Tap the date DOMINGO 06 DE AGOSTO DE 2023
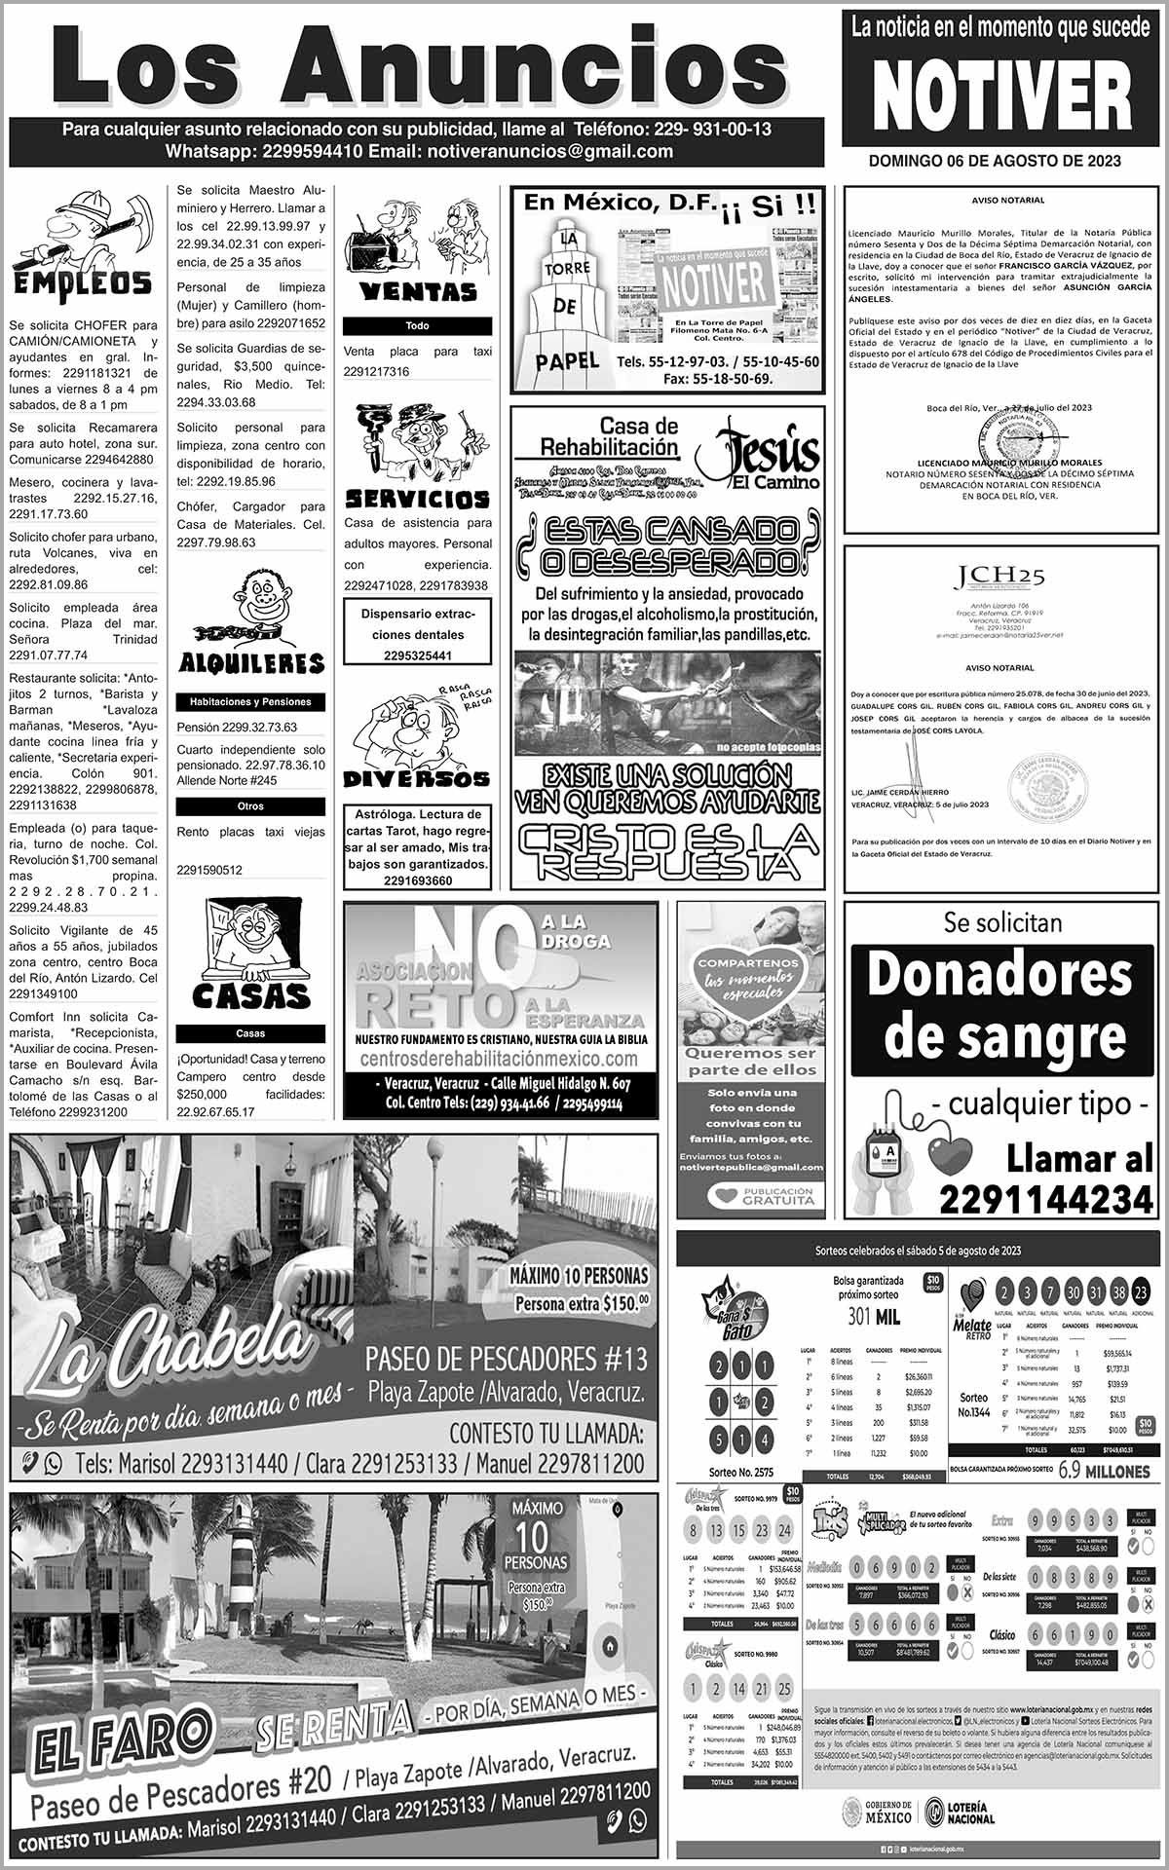click(x=995, y=161)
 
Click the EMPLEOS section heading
click(x=82, y=283)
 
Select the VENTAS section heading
click(x=418, y=291)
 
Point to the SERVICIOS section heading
click(x=418, y=500)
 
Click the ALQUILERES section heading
click(x=251, y=663)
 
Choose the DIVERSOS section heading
click(x=416, y=778)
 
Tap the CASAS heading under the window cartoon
click(x=250, y=995)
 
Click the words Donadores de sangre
click(x=1001, y=1003)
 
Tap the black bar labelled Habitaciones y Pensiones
click(x=250, y=701)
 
